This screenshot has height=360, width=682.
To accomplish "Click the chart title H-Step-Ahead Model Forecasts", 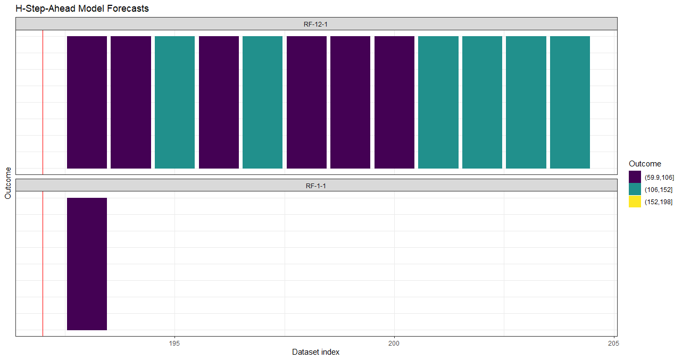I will [82, 9].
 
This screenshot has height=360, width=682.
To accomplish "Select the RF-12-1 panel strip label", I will [316, 24].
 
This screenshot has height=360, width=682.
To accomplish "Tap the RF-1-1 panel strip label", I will [316, 186].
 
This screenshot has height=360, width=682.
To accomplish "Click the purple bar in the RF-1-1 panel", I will [87, 264].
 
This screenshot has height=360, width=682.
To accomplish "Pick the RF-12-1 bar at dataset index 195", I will [174, 102].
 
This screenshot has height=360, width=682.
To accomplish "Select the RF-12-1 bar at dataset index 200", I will [394, 102].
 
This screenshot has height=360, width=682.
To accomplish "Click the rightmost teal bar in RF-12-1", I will [570, 102].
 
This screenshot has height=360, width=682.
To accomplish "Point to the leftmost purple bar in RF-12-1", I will [87, 102].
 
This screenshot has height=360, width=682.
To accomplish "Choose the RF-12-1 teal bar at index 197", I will [262, 102].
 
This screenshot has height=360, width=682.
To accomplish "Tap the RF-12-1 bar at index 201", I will [438, 102].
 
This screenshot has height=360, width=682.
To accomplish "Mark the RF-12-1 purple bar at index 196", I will [219, 102].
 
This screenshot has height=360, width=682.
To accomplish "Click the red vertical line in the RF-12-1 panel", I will [43, 102].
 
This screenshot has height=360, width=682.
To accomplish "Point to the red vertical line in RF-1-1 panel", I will [43, 264].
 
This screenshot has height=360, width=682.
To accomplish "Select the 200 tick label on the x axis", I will [394, 343].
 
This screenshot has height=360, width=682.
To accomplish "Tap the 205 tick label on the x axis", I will [613, 343].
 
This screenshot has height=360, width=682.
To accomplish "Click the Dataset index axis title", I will [315, 352].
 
